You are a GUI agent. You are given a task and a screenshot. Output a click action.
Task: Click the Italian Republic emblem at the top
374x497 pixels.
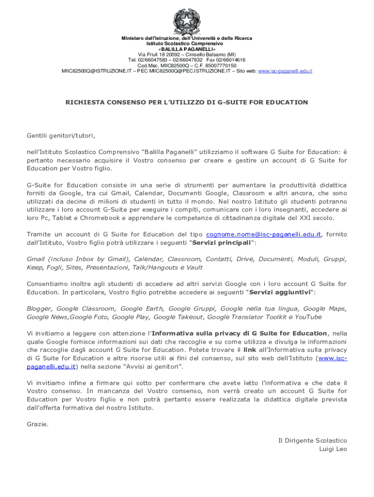pyautogui.click(x=187, y=20)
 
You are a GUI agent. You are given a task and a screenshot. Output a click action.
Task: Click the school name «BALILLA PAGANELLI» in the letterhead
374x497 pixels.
pyautogui.click(x=187, y=49)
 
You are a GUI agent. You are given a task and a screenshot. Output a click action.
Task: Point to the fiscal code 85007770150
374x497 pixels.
pyautogui.click(x=221, y=66)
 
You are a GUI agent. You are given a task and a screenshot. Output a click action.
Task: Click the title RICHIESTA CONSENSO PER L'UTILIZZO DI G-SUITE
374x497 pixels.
pyautogui.click(x=187, y=102)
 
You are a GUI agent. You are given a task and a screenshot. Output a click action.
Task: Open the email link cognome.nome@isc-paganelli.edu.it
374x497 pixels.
pyautogui.click(x=264, y=234)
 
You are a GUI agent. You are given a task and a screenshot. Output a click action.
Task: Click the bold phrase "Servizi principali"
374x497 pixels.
pyautogui.click(x=222, y=243)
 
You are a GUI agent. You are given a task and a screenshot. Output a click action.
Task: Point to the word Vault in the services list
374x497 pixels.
pyautogui.click(x=194, y=267)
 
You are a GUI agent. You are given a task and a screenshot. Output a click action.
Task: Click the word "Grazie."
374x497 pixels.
pyautogui.click(x=38, y=424)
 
